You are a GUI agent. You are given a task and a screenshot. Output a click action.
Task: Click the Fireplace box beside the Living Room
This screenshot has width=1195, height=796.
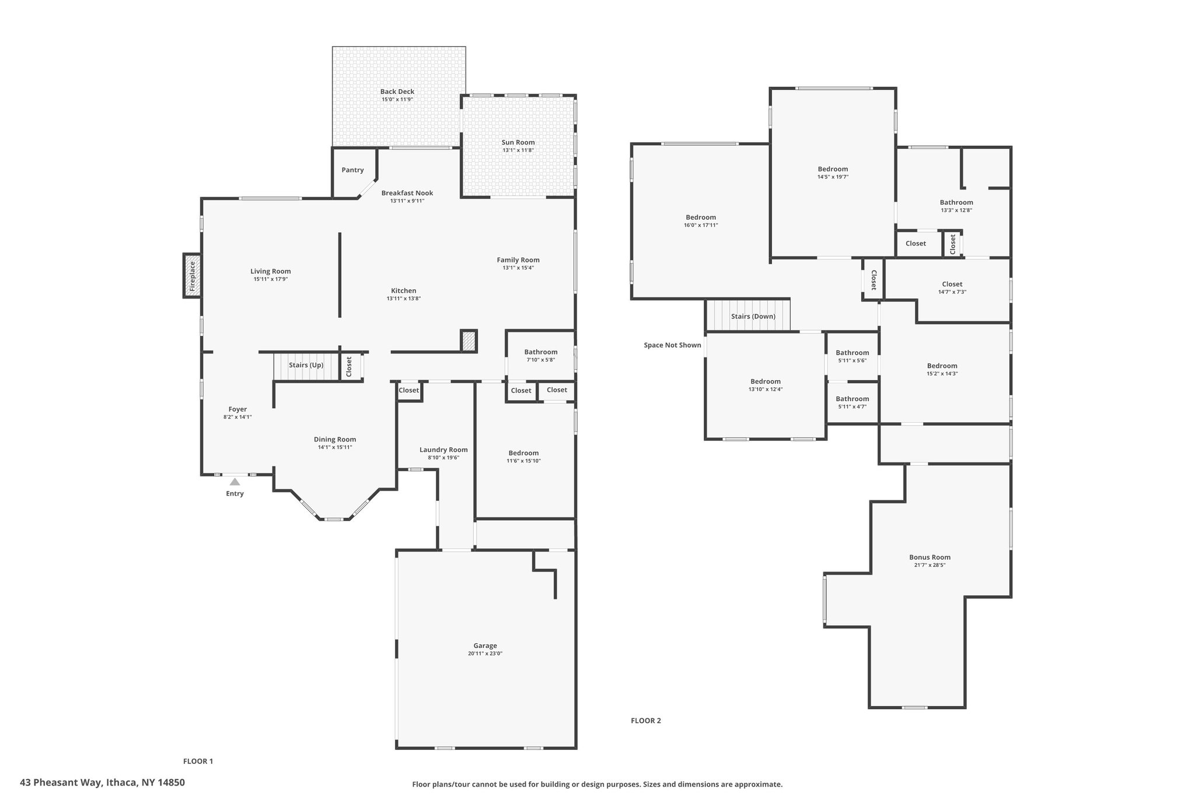click(x=192, y=276)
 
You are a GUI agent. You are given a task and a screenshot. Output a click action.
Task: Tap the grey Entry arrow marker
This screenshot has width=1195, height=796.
click(x=235, y=482)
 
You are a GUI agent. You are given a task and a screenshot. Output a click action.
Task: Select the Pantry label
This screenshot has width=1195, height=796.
click(x=352, y=170)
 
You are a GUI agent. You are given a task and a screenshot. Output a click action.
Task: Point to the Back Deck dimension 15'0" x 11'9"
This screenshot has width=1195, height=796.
click(x=397, y=100)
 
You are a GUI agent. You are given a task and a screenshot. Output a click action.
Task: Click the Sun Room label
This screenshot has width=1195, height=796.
click(x=518, y=142)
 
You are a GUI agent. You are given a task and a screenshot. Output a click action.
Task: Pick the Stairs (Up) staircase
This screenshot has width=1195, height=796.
click(x=306, y=367)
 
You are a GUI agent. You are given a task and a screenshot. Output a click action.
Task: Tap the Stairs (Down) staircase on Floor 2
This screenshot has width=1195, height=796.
click(x=748, y=315)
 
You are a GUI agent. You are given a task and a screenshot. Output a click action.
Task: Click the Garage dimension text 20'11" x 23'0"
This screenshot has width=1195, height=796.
click(x=485, y=654)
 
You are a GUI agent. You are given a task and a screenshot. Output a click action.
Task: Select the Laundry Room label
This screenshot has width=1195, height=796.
click(x=443, y=450)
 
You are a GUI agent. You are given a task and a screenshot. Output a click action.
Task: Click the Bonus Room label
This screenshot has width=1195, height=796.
click(x=930, y=557)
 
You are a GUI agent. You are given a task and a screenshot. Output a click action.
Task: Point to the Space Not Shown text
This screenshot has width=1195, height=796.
click(x=672, y=345)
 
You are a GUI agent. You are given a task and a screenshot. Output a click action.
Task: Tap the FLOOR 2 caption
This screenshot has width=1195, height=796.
click(x=646, y=721)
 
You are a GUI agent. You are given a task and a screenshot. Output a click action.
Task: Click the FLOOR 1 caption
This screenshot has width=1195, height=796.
click(x=198, y=761)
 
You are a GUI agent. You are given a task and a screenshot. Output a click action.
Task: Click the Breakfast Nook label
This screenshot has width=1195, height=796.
click(x=407, y=193)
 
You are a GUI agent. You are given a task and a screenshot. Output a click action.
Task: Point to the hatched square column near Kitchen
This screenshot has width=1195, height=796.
click(x=469, y=341)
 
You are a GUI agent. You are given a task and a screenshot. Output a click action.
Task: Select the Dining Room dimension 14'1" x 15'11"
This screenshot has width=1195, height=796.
click(x=335, y=447)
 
